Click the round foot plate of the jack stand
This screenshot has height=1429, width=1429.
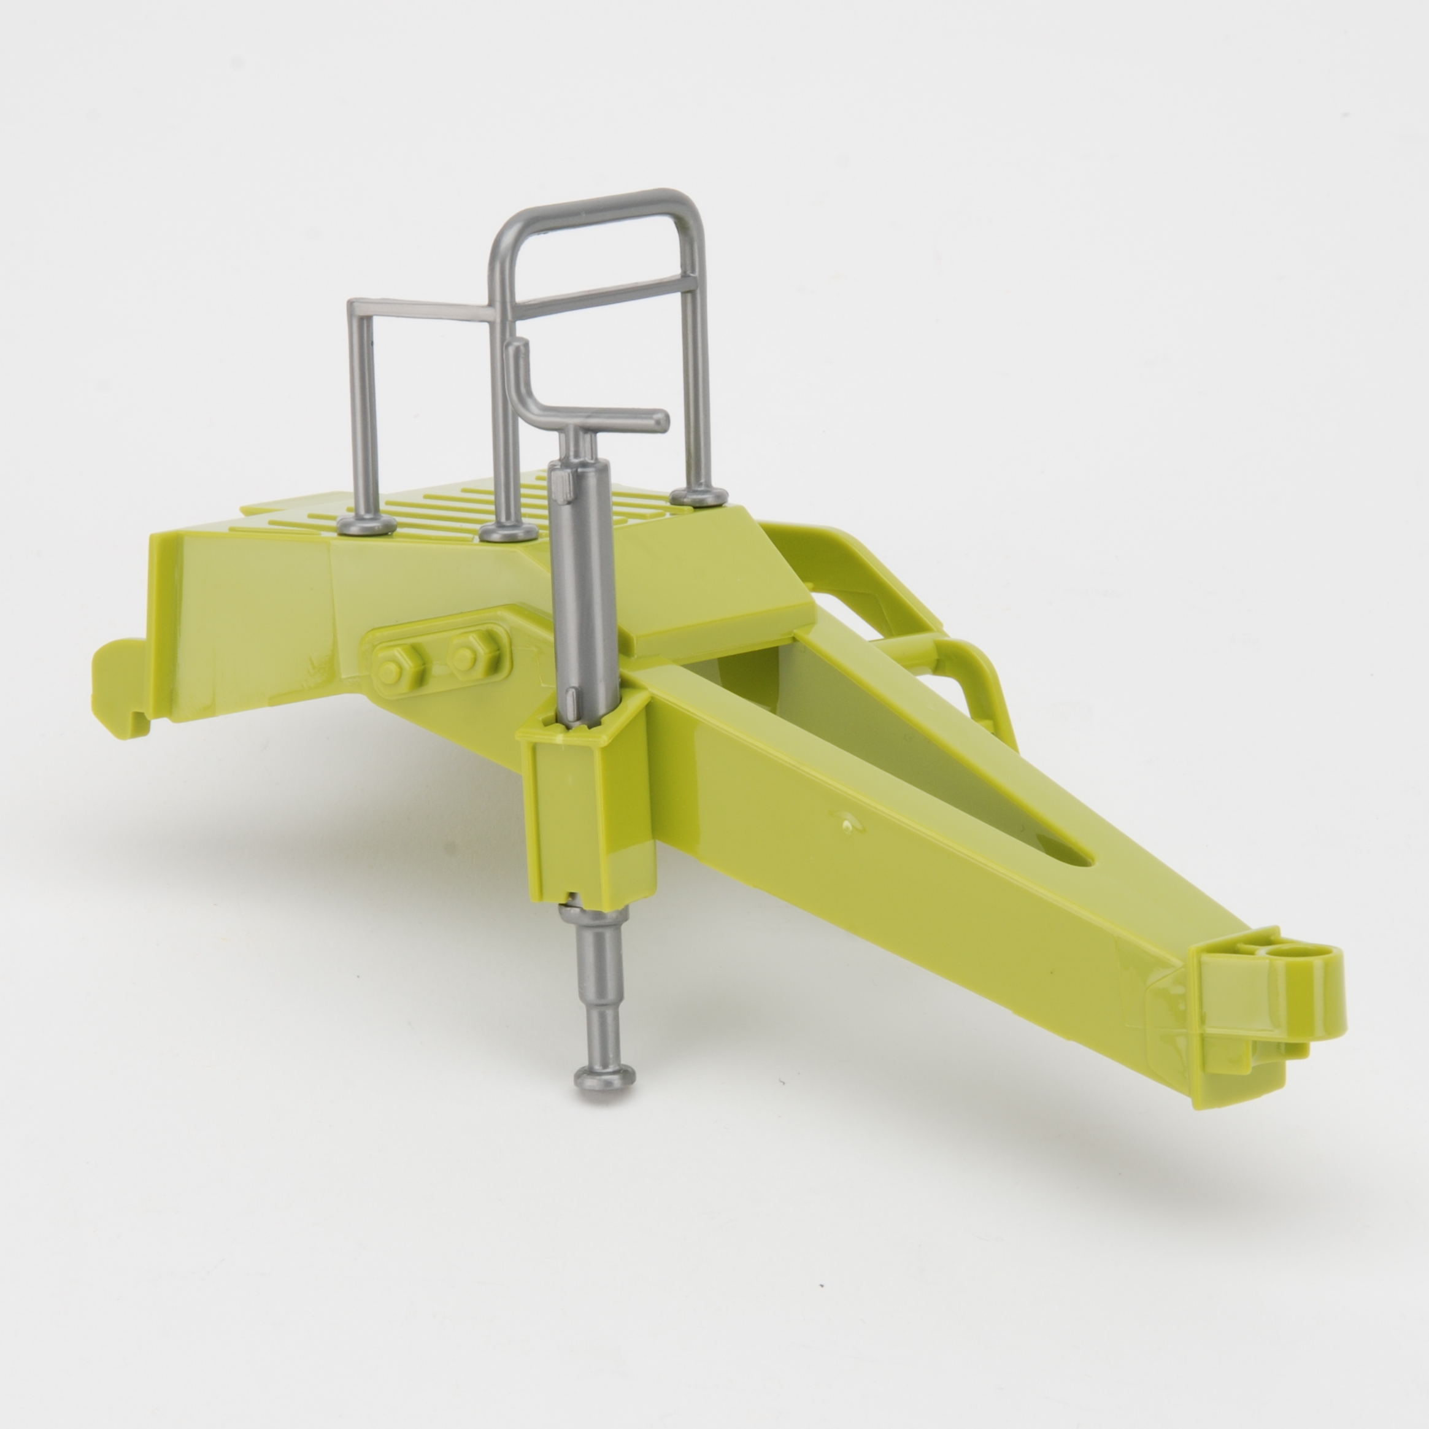(x=604, y=1077)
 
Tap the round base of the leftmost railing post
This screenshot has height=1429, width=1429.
(x=366, y=525)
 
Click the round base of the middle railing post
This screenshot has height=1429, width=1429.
(x=508, y=531)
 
